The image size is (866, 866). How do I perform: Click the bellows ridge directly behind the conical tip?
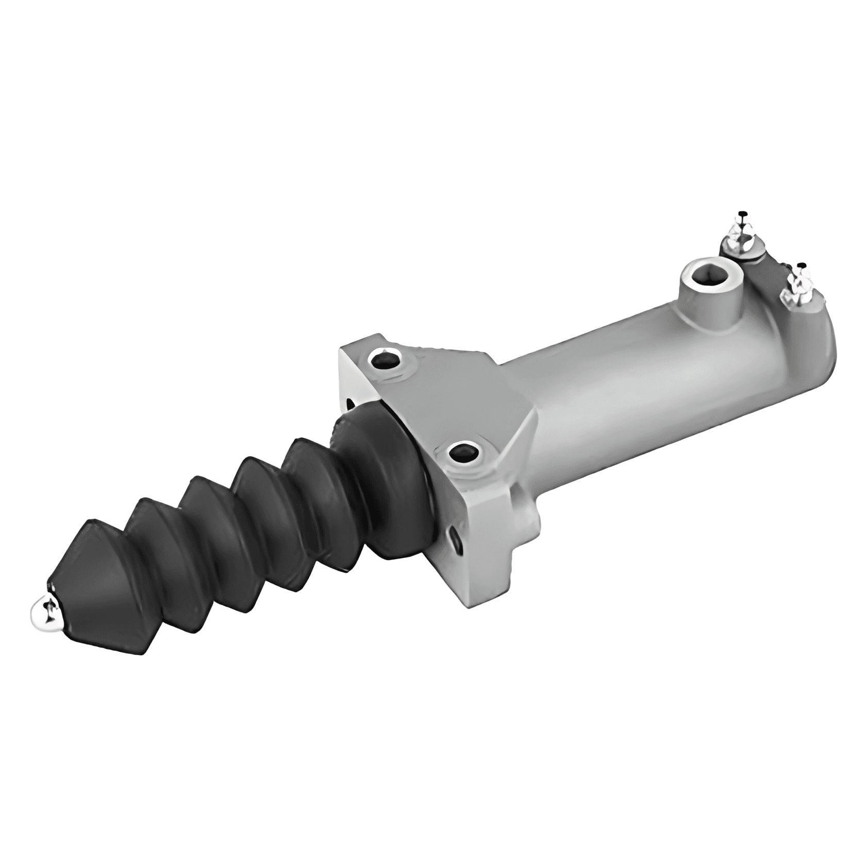[149, 552]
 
